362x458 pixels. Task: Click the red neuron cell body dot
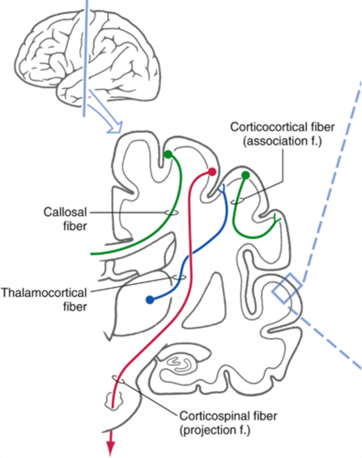pos(212,172)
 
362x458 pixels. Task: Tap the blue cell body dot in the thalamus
pos(150,300)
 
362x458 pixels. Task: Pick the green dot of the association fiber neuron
pos(246,175)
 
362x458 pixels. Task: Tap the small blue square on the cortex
pos(287,289)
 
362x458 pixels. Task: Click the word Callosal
pos(65,212)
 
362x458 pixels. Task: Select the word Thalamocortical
pos(44,293)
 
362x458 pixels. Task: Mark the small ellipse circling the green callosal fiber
pos(171,213)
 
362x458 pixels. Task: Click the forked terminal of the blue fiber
pos(222,189)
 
